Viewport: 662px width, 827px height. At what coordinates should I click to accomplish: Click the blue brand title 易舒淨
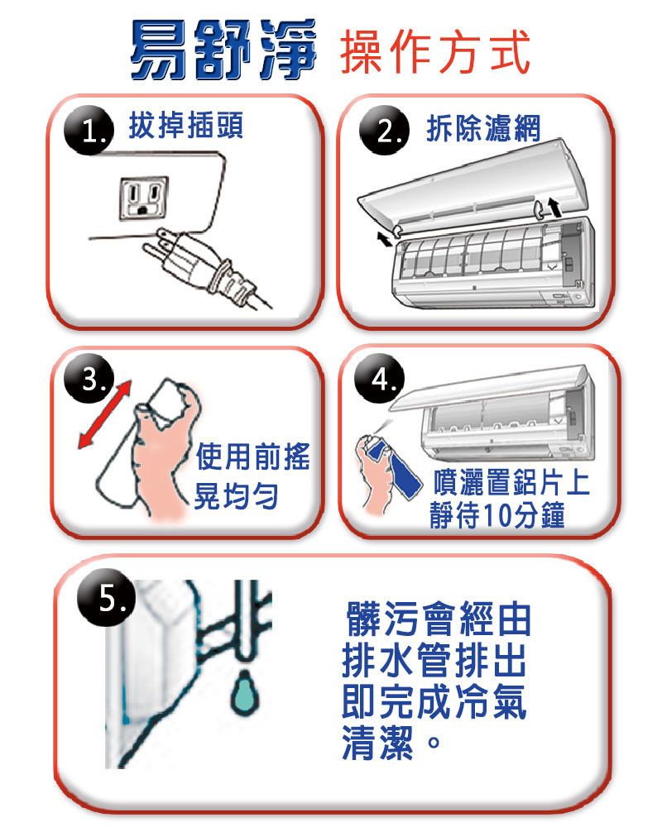tap(223, 49)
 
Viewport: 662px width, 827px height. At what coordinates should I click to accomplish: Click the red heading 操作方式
tap(435, 51)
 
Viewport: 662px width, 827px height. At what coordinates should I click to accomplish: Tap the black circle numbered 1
tap(89, 131)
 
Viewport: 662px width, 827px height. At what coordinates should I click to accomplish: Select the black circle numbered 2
tap(384, 131)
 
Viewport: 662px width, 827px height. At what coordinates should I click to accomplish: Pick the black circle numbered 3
tap(89, 380)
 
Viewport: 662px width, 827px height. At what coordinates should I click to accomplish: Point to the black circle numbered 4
tap(380, 379)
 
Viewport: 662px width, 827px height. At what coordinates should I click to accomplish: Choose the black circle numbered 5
tap(107, 598)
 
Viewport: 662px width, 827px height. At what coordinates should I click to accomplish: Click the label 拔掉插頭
tap(186, 126)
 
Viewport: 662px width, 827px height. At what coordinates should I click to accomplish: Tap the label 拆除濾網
tap(483, 128)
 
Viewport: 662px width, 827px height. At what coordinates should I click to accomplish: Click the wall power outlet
tap(143, 198)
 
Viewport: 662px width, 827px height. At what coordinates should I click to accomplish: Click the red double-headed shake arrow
tap(104, 414)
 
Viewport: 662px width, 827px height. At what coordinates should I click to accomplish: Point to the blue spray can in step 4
tap(393, 467)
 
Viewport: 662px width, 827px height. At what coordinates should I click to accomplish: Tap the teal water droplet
tap(245, 692)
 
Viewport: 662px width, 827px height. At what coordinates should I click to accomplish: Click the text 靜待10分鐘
tap(497, 515)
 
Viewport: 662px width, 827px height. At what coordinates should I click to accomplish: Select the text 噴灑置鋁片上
tap(511, 482)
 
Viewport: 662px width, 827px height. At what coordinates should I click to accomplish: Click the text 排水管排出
tap(434, 660)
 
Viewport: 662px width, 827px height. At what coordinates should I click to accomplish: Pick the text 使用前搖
tap(253, 457)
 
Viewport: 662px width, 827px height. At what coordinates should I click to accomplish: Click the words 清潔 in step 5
tap(378, 743)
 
